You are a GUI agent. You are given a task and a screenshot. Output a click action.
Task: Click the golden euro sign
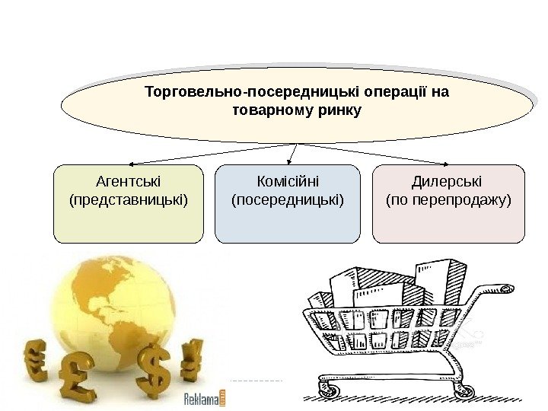(x=37, y=361)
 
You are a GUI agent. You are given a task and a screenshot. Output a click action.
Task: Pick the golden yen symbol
(x=190, y=358)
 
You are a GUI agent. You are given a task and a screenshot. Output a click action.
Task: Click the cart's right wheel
(x=462, y=390)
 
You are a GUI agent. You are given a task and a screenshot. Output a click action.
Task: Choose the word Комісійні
(x=288, y=183)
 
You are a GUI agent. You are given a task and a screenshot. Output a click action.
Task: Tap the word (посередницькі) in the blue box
(x=288, y=200)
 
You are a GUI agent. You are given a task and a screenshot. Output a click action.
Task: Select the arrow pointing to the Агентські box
(x=205, y=154)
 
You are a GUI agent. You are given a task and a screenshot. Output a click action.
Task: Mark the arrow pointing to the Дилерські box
(x=381, y=154)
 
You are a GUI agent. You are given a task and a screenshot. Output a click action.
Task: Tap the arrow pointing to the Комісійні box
(x=293, y=154)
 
